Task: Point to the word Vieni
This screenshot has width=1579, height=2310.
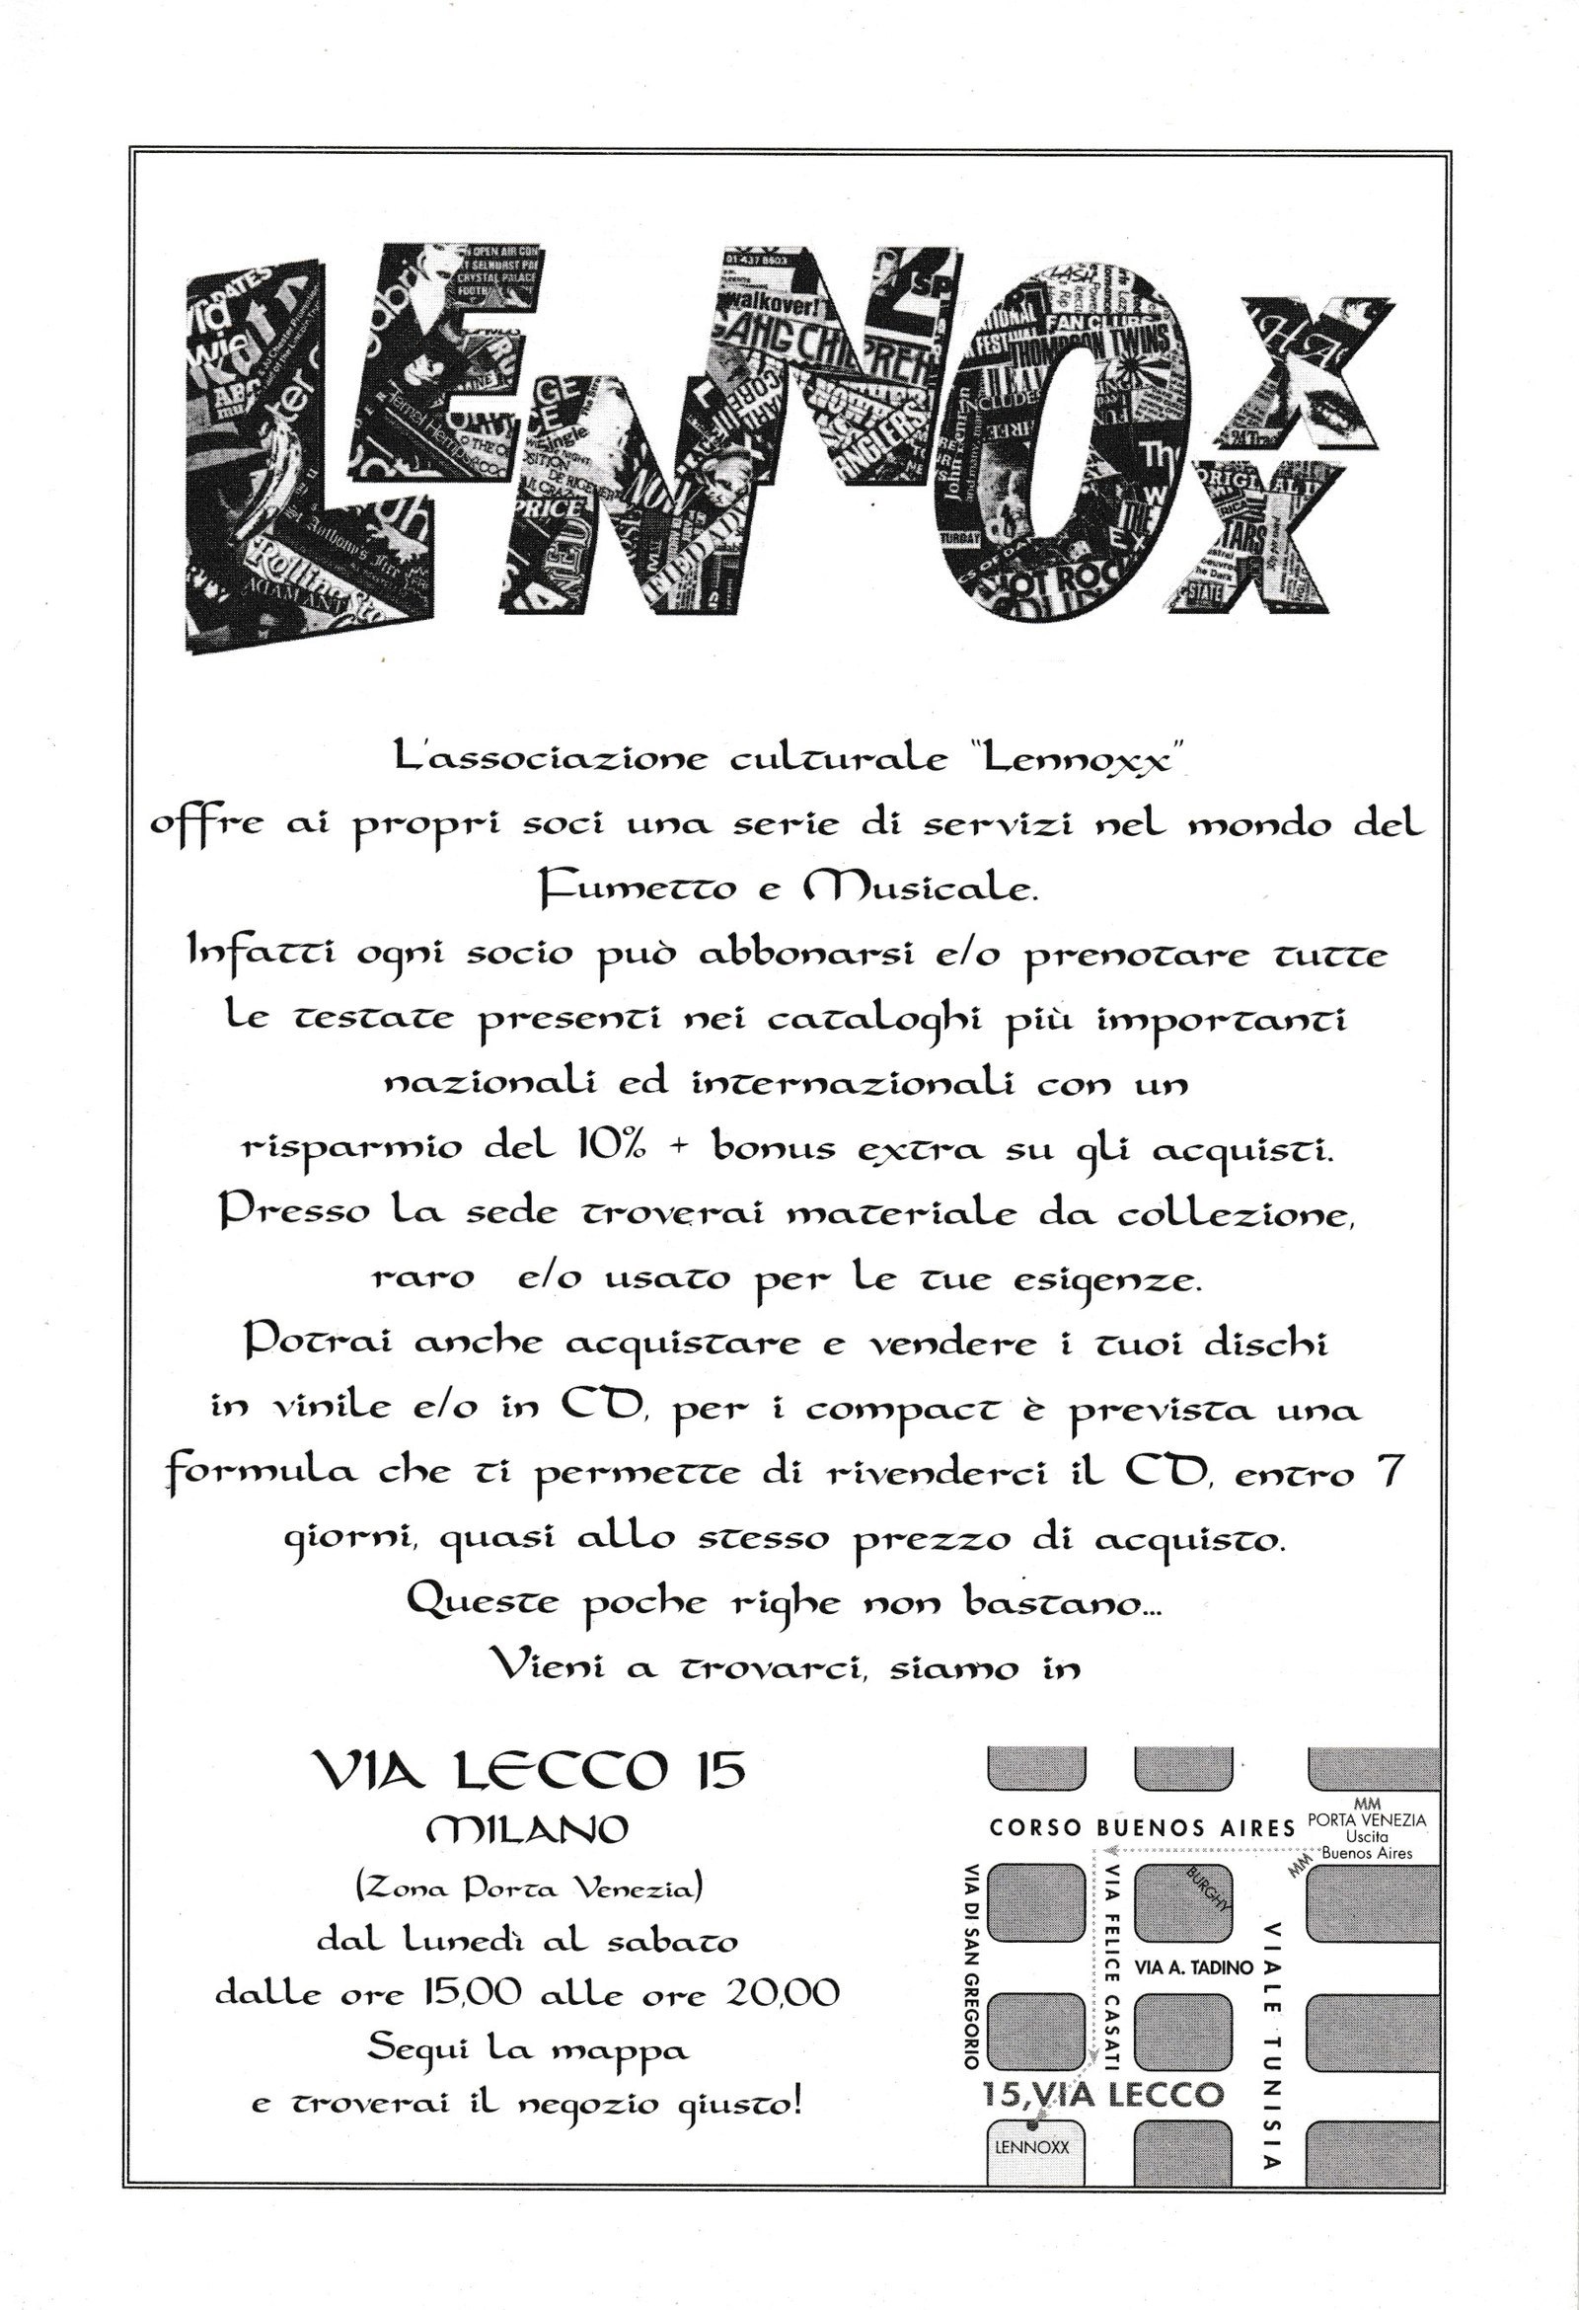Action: point(556,1668)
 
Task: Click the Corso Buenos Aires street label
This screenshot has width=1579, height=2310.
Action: point(1142,1827)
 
